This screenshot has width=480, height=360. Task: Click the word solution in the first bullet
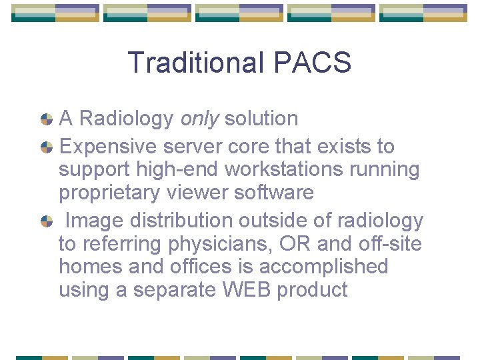[261, 119]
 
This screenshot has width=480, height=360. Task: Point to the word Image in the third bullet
[95, 220]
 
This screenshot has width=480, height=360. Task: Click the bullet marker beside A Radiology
[47, 119]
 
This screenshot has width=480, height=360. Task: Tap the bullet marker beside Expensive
[47, 147]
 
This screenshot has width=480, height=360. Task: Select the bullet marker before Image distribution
[47, 220]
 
